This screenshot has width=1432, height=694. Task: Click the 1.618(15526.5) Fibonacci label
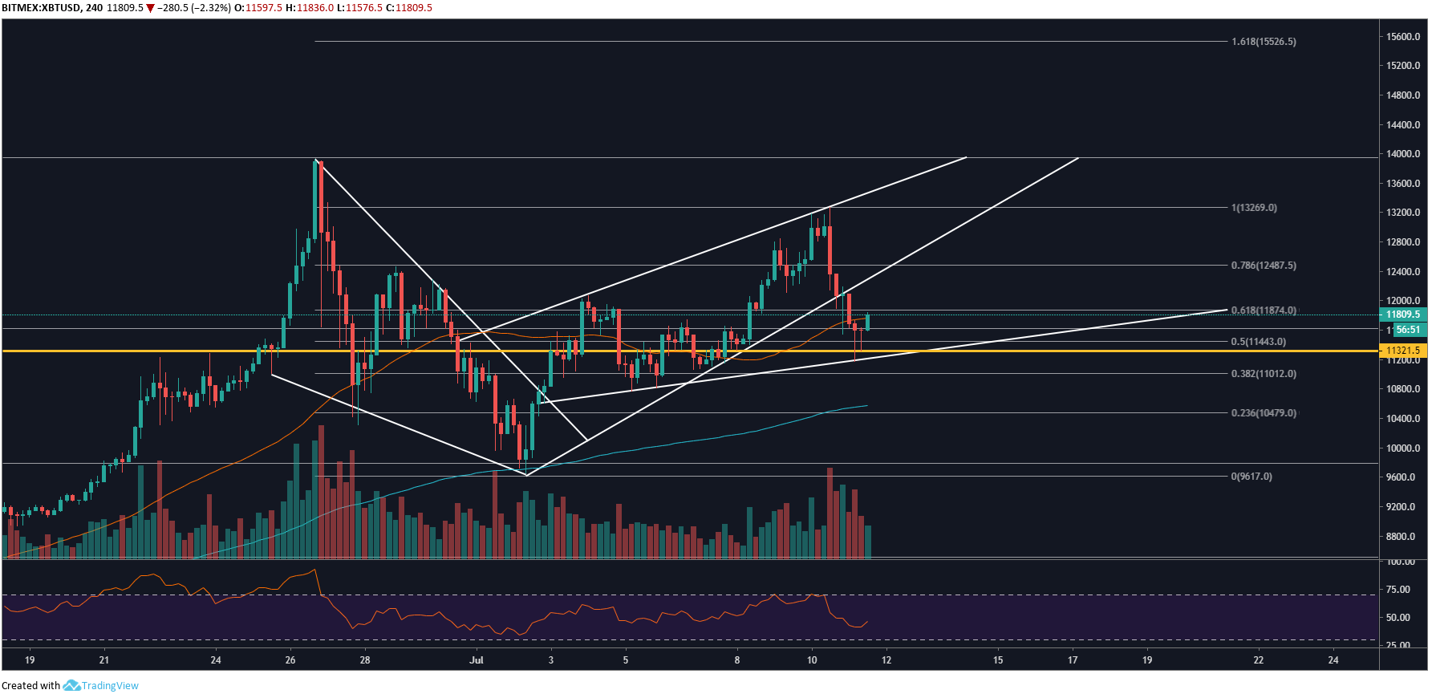[x=1264, y=42]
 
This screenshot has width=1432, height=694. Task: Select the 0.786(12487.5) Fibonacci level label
[x=1264, y=266]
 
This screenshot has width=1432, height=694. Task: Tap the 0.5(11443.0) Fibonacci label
[x=1258, y=342]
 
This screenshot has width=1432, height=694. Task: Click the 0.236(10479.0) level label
[x=1264, y=413]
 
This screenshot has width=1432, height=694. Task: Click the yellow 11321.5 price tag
[x=1402, y=351]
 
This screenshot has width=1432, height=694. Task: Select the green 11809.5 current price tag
[x=1402, y=315]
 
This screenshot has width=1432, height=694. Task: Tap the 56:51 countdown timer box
[x=1408, y=330]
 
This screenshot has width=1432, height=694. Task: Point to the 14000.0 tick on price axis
[x=1403, y=154]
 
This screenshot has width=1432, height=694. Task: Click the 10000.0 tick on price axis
[x=1403, y=448]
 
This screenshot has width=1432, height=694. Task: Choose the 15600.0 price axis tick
[x=1403, y=37]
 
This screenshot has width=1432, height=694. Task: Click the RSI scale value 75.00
[x=1398, y=590]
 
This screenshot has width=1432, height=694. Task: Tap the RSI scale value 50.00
[x=1398, y=618]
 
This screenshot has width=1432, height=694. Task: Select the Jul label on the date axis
[x=477, y=660]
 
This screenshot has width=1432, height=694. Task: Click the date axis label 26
[x=290, y=660]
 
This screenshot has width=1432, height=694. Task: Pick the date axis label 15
[x=998, y=660]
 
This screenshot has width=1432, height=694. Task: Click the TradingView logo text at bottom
[x=110, y=686]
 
